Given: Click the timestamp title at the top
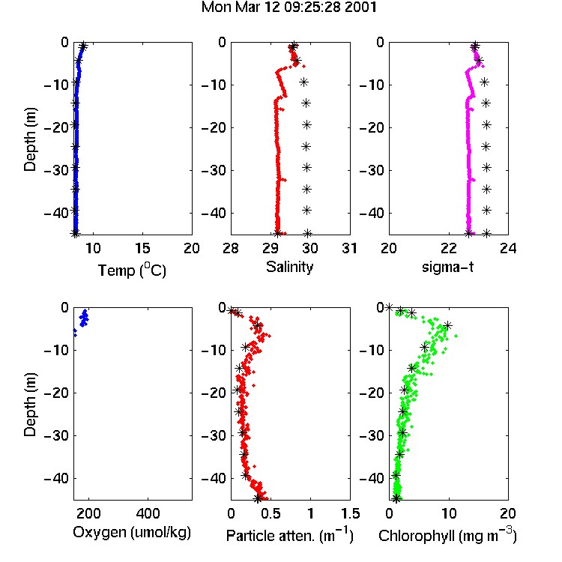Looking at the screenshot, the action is [x=289, y=7].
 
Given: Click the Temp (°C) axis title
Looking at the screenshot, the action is [x=132, y=270].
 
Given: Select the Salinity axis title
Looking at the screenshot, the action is [x=289, y=267].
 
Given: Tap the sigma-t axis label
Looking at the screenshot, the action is [x=447, y=267].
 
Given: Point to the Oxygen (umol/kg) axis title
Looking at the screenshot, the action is [x=132, y=533].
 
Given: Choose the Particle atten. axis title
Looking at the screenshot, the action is [x=290, y=535].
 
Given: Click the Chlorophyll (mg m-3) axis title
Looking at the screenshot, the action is [x=447, y=535].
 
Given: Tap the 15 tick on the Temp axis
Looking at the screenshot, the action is [x=142, y=248].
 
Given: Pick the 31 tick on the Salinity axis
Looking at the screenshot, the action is [x=350, y=248].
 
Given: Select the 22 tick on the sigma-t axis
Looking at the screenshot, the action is [x=449, y=248].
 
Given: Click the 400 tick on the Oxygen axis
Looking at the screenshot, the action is [x=148, y=513].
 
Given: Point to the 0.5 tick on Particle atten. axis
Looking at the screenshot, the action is [x=271, y=513].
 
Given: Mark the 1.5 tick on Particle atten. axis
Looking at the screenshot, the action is [x=350, y=513].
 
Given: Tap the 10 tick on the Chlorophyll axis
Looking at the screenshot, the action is [x=449, y=513].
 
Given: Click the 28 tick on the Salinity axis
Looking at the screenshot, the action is [x=231, y=248].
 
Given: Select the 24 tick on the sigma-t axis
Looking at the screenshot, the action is [x=508, y=248].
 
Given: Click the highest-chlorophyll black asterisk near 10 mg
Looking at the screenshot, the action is [x=447, y=325].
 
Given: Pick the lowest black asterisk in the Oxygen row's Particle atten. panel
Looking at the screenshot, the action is [x=258, y=498].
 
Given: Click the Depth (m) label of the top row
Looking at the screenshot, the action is [x=30, y=139].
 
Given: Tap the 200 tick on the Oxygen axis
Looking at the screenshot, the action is [x=88, y=513].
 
